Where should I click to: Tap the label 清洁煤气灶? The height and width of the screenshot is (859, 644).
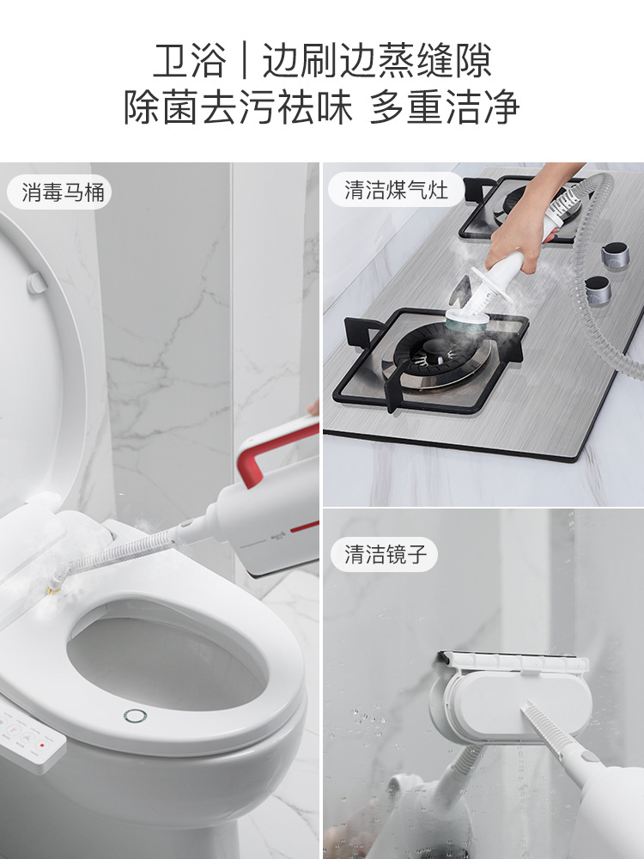point(396,191)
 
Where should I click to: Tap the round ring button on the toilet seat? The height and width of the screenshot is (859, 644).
point(134,716)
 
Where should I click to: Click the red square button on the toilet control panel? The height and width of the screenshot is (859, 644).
point(41,745)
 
